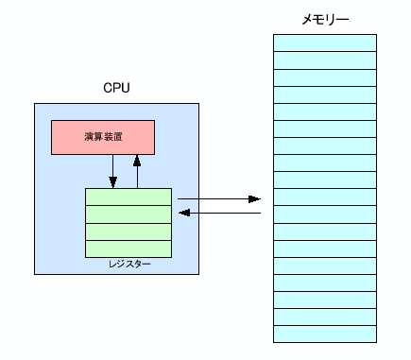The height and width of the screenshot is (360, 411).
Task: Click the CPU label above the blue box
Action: [x=116, y=88]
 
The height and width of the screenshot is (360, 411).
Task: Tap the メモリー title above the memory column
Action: [x=324, y=18]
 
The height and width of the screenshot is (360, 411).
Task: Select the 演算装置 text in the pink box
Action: [x=102, y=137]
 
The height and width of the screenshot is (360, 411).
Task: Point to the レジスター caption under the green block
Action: [x=129, y=265]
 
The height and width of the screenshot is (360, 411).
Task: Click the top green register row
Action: [x=128, y=197]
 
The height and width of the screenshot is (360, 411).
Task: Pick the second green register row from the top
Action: [x=128, y=214]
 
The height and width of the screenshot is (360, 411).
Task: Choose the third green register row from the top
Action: [x=128, y=231]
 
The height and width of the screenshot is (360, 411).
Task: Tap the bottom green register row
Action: [x=128, y=249]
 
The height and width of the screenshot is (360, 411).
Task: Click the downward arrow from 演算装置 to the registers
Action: [x=112, y=171]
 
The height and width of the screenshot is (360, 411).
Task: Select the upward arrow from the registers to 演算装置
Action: [x=137, y=171]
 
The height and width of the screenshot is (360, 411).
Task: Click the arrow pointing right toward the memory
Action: [x=218, y=199]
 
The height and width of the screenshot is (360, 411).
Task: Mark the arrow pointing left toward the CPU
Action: [x=218, y=214]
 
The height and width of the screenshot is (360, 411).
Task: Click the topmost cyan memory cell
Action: [x=324, y=43]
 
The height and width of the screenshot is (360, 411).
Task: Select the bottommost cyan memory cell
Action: [x=324, y=334]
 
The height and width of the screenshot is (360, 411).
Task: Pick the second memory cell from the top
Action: [x=324, y=60]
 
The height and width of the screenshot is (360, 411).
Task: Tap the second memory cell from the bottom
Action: [x=324, y=317]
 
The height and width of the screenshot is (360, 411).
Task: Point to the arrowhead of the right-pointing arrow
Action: [x=254, y=199]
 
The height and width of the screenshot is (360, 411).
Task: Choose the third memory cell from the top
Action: [x=324, y=77]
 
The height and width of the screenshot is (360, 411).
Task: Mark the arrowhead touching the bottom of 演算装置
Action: [x=137, y=159]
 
